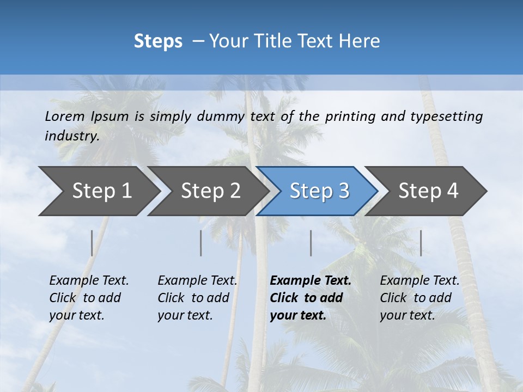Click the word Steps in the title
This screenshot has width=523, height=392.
click(x=158, y=41)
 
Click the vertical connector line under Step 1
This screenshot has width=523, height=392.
click(x=92, y=243)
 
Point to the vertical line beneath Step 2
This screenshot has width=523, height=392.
click(x=201, y=243)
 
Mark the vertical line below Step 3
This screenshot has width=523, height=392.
click(x=311, y=243)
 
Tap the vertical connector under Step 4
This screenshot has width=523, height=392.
click(x=421, y=243)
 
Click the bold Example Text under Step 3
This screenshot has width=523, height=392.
click(x=311, y=298)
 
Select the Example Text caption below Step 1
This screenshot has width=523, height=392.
click(x=89, y=298)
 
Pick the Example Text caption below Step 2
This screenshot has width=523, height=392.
click(x=197, y=298)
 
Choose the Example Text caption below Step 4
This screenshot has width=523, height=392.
click(x=419, y=298)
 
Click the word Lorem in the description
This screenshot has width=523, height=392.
click(x=65, y=117)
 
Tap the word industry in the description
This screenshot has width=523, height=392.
click(x=71, y=136)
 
